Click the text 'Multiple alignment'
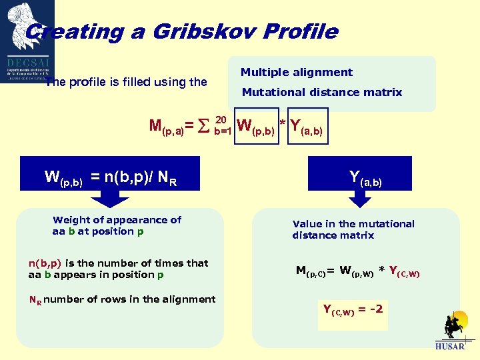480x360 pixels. pos(296,72)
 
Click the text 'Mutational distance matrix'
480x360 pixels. pos(321,93)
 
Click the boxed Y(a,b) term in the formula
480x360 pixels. pos(306,125)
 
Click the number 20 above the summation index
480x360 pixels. pos(221,118)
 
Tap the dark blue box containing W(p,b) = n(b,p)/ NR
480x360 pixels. pos(111,177)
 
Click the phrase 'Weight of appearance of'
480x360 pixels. pos(117,220)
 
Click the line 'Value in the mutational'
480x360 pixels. pos(353,224)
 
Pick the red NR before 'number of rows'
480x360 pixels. pos(35,300)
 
